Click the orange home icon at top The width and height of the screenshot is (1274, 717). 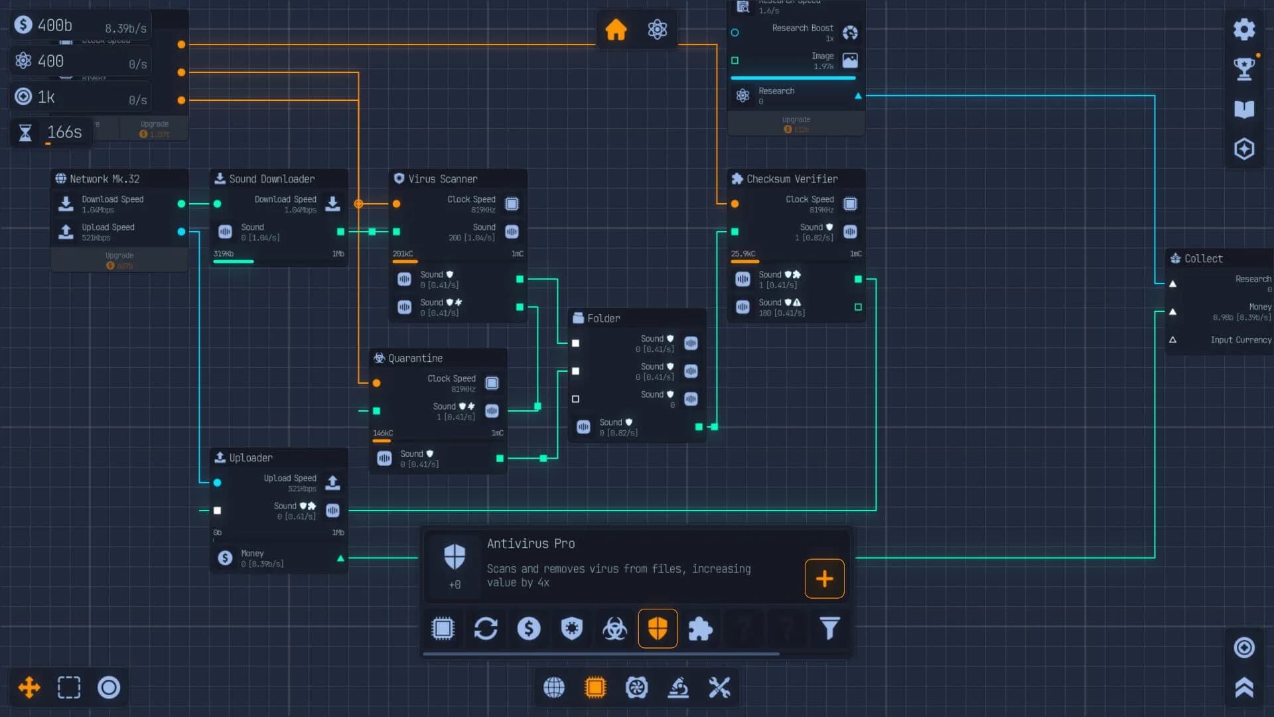tap(616, 29)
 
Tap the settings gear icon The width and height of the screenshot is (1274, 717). tap(1244, 29)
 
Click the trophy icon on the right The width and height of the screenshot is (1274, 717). tap(1244, 68)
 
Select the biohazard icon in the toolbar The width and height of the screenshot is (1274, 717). tap(614, 628)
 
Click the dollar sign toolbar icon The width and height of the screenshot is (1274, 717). tap(529, 628)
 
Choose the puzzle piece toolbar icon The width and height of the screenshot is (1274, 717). tap(700, 628)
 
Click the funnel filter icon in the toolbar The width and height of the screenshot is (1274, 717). tap(829, 628)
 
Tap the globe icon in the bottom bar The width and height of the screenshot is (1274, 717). tap(554, 687)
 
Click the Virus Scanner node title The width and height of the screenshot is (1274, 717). tap(443, 179)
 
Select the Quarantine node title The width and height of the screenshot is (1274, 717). tap(415, 358)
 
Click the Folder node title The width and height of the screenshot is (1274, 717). tap(603, 319)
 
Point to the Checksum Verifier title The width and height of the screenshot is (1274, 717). tap(792, 179)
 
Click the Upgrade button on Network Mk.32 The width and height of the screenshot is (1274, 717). tap(119, 260)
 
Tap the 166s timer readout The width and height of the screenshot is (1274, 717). tap(64, 132)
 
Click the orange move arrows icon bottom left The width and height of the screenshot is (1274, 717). tap(29, 687)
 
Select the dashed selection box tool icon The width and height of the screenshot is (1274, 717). tap(69, 687)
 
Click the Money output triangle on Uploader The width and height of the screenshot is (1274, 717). tap(340, 558)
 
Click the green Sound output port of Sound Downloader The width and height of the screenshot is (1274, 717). tap(340, 232)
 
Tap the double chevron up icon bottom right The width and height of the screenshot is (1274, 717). tap(1244, 687)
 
